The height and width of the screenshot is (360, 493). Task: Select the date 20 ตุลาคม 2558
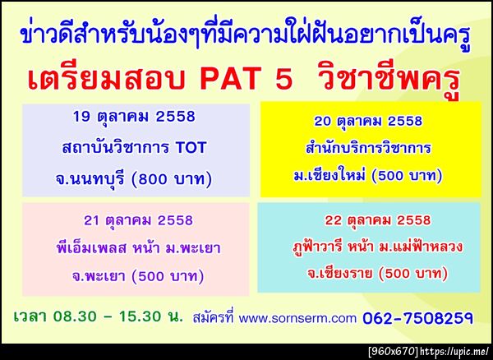[368, 121]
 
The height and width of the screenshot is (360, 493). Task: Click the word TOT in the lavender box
[195, 148]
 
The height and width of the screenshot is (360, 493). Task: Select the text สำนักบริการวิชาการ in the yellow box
[368, 149]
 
